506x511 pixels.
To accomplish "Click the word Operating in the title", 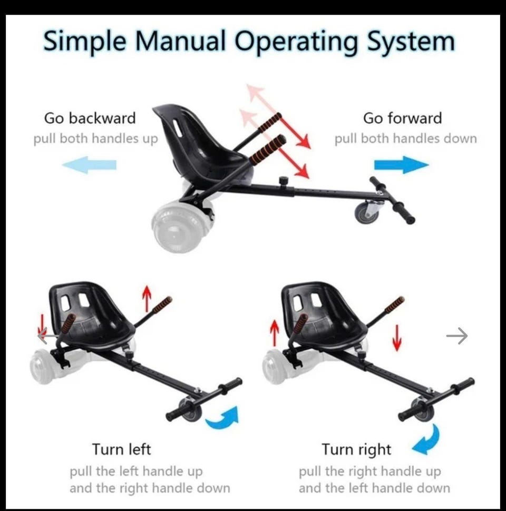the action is (296, 42).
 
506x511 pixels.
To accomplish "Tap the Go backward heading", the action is (90, 118).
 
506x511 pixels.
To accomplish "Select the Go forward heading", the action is (402, 118).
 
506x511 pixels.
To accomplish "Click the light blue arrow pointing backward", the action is (89, 164).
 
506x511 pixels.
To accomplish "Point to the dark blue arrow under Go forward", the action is (401, 164).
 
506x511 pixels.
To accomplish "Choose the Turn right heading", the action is (356, 449).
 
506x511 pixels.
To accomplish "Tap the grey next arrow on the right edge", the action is (457, 336).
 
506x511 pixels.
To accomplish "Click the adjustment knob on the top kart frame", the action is (284, 180).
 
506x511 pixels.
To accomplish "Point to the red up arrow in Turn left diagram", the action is (147, 298).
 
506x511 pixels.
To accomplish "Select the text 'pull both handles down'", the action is (405, 139).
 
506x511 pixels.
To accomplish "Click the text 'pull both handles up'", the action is (95, 139).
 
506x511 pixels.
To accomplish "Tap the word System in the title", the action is (411, 42).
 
